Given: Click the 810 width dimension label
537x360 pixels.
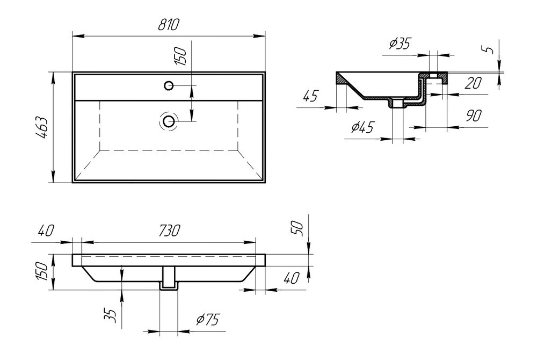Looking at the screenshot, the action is [169, 25].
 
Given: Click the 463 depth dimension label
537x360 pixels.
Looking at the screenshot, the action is [42, 127].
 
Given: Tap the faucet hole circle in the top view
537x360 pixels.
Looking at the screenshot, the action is [169, 85].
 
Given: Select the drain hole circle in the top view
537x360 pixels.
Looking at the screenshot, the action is [169, 121].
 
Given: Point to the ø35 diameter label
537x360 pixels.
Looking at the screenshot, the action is [400, 44].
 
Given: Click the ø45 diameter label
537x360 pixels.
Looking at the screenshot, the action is [362, 127].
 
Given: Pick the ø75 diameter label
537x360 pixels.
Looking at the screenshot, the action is [207, 320].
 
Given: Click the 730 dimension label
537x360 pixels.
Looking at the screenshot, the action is [169, 231].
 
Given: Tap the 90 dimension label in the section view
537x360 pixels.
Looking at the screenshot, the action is [474, 116].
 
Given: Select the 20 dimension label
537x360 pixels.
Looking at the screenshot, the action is [474, 83].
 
